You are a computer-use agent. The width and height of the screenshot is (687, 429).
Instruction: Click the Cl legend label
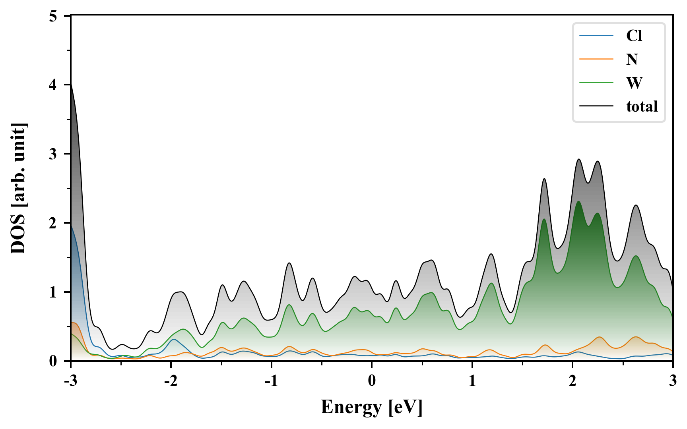click(x=634, y=36)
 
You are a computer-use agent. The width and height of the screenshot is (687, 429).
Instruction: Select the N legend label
click(x=632, y=59)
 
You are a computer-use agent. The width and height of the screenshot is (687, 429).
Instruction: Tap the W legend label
click(x=634, y=83)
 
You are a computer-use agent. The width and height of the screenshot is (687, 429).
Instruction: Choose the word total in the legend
click(x=642, y=106)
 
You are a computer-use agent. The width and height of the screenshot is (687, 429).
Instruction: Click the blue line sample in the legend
click(x=596, y=36)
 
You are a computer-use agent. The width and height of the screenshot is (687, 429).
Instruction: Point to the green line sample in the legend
click(x=596, y=83)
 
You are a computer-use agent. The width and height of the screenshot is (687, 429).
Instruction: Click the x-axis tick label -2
click(x=171, y=381)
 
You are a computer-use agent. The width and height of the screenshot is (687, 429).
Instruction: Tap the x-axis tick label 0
click(x=372, y=381)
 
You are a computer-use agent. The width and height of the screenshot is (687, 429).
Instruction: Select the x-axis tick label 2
click(x=572, y=381)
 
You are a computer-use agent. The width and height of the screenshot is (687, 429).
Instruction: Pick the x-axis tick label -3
click(x=70, y=381)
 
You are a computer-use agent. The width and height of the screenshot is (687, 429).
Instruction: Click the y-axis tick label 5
click(x=53, y=16)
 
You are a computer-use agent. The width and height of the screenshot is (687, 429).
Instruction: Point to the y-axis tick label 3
click(x=53, y=154)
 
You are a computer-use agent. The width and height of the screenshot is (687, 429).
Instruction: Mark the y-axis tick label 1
click(x=53, y=292)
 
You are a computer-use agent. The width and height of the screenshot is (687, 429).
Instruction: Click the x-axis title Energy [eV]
click(x=371, y=407)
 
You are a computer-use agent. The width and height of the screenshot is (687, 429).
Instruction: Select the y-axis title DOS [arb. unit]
click(x=18, y=188)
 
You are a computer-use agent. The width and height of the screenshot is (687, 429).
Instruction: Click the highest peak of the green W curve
click(x=578, y=202)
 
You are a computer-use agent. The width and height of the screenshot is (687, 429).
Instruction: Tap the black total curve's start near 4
click(x=71, y=85)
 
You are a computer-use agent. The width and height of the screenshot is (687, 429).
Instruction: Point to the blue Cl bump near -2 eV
click(x=173, y=339)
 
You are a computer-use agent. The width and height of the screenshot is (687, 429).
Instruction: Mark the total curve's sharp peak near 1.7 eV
click(x=544, y=179)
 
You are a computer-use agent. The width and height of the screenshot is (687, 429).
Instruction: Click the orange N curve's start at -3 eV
click(x=72, y=323)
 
